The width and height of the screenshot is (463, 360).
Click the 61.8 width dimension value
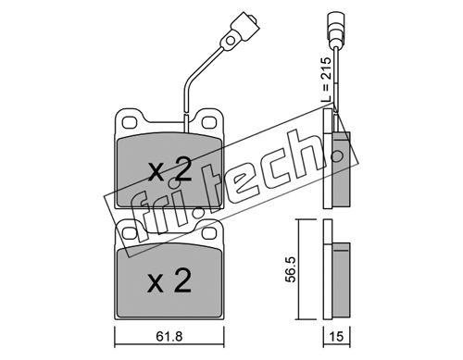tap(169, 336)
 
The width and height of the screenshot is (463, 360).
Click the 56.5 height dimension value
tap(291, 269)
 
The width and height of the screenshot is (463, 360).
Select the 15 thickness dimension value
tap(336, 336)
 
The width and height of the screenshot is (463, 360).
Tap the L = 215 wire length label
tap(325, 80)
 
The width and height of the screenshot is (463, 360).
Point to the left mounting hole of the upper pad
tap(129, 122)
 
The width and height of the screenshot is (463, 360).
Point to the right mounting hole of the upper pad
tap(209, 122)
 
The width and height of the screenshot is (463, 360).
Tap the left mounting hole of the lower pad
tap(128, 233)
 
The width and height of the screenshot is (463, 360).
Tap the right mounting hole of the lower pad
tap(209, 233)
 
